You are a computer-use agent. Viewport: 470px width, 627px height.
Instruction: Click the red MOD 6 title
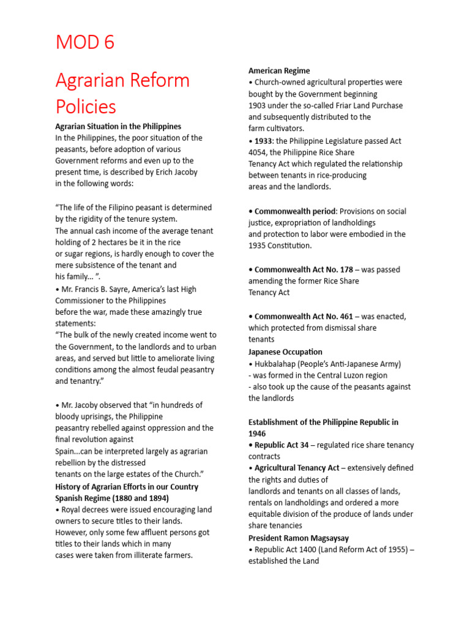85,43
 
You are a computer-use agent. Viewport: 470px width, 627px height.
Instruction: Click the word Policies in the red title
86,107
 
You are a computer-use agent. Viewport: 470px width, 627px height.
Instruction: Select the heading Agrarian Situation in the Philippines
118,126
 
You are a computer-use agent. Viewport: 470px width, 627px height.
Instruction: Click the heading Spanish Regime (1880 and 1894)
112,498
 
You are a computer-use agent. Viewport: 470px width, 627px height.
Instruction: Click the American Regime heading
279,71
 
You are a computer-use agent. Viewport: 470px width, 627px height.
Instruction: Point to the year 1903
257,105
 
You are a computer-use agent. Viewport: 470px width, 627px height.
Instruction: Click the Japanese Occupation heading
285,351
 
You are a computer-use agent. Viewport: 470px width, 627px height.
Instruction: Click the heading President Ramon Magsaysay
299,538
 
